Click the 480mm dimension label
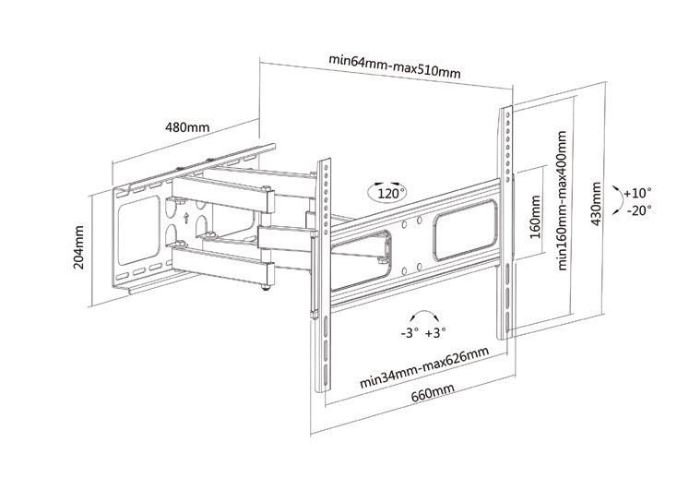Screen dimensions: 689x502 pos(187,126)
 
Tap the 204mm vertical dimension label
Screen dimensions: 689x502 pos(80,247)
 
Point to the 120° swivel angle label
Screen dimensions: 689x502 pos(387,195)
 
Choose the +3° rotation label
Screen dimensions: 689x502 pos(435,330)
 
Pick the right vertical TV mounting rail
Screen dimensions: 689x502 pos(506,221)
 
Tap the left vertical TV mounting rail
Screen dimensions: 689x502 pos(323,277)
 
